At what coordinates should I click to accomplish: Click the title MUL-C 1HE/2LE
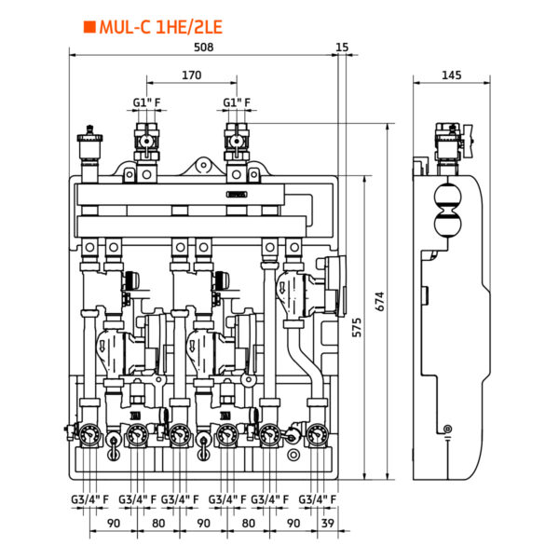pos(161,27)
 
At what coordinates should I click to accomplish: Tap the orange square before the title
pos(89,27)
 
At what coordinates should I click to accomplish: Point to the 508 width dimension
pos(203,48)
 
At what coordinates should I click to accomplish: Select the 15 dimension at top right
pos(342,48)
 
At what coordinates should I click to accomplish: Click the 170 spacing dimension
pos(191,75)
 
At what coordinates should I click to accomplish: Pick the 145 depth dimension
pos(451,75)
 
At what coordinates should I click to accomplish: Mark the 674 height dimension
pos(380,302)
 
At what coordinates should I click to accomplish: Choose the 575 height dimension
pos(357,327)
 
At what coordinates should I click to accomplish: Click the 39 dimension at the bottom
pos(328,524)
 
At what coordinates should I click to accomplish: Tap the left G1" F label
pos(146,102)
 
